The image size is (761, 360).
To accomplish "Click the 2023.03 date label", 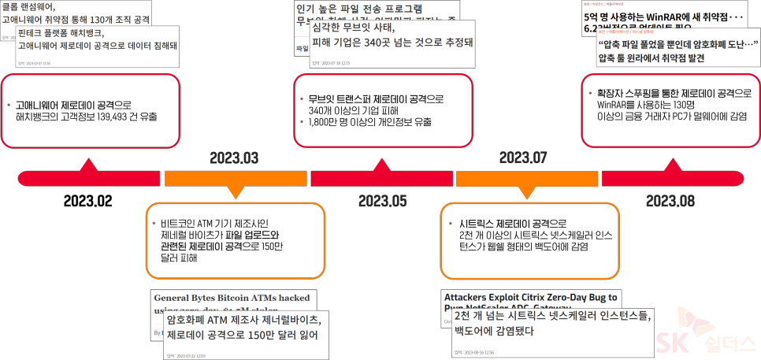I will pyautogui.click(x=234, y=158).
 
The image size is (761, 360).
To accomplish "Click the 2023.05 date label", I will pyautogui.click(x=383, y=200).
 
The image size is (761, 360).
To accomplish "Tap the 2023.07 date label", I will pyautogui.click(x=523, y=158).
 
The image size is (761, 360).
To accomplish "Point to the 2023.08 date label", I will pyautogui.click(x=670, y=200).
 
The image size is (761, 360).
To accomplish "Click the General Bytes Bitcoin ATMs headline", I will pyautogui.click(x=232, y=299).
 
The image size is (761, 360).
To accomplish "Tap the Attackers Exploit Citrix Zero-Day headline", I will pyautogui.click(x=531, y=297).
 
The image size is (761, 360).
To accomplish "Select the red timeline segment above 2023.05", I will pyautogui.click(x=382, y=179).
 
